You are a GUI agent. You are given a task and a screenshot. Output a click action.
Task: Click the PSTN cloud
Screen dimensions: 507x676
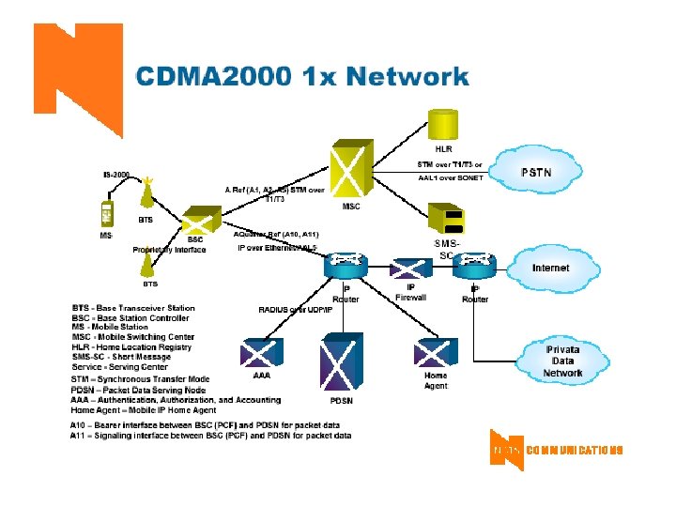(x=536, y=172)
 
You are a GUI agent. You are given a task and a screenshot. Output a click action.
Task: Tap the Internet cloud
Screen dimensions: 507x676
(x=550, y=268)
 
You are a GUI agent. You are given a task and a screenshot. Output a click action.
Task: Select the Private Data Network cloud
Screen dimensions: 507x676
(x=561, y=361)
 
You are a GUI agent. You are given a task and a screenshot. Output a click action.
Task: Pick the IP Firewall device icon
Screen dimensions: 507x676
(x=410, y=268)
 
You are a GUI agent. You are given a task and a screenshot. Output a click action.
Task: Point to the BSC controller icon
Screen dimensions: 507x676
(x=195, y=223)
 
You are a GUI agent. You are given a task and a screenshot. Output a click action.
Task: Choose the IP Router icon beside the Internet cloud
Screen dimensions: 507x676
(x=474, y=266)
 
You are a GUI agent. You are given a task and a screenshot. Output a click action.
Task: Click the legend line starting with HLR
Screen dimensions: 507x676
(x=131, y=346)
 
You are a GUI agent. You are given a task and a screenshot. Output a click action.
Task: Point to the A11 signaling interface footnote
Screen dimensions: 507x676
(x=210, y=436)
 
